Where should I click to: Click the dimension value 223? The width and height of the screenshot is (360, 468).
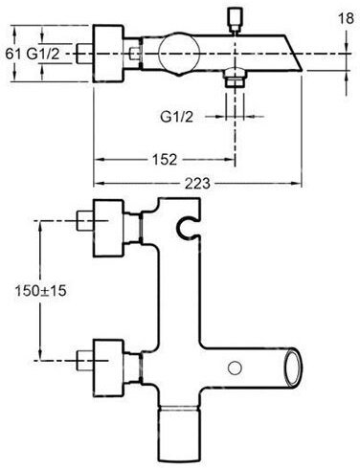pyautogui.click(x=198, y=184)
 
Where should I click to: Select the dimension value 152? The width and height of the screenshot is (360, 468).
pyautogui.click(x=165, y=159)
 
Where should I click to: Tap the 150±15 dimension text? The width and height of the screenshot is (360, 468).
pyautogui.click(x=41, y=291)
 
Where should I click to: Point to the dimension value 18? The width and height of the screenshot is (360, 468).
pyautogui.click(x=347, y=18)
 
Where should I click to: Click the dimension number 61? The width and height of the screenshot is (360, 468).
pyautogui.click(x=13, y=54)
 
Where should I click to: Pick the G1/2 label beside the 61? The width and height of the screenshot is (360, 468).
pyautogui.click(x=43, y=54)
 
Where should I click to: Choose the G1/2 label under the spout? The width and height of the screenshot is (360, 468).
pyautogui.click(x=176, y=117)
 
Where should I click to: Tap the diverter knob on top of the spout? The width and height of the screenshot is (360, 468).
pyautogui.click(x=235, y=20)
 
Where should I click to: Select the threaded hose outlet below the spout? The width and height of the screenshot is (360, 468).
pyautogui.click(x=235, y=78)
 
